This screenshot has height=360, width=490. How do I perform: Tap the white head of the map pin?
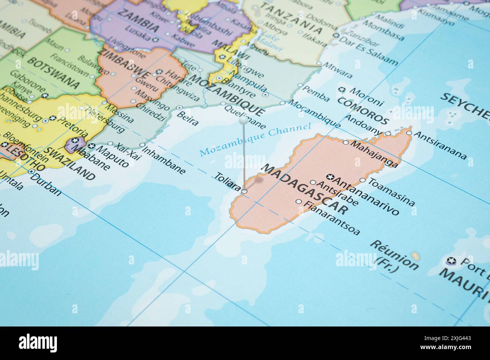243,121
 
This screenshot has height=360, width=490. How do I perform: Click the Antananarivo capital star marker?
330,177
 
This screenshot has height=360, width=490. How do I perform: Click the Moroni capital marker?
342,90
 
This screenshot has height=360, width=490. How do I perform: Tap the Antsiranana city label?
440,145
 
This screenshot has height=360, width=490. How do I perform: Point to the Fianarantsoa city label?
331,218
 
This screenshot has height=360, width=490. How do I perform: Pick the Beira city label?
187,119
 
